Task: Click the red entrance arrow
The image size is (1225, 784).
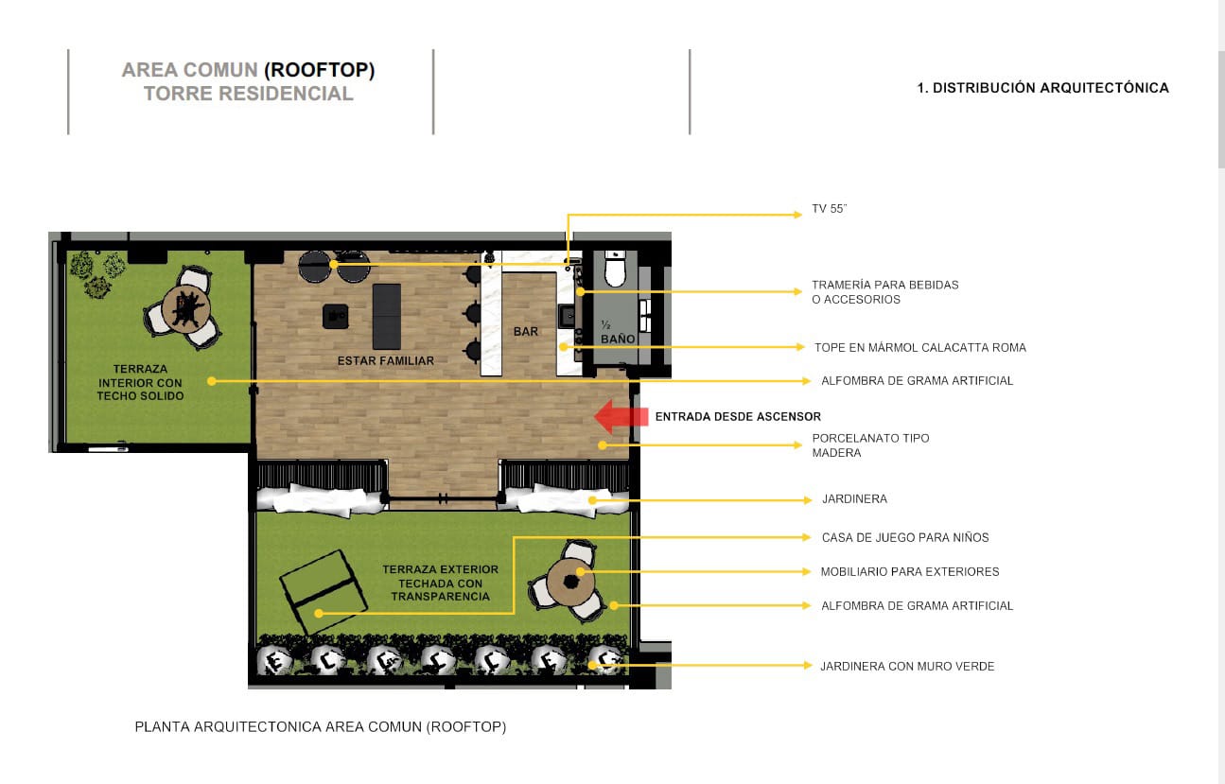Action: [x=621, y=417]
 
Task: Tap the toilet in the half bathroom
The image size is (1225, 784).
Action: [x=615, y=270]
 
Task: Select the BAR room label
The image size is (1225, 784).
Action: [x=526, y=331]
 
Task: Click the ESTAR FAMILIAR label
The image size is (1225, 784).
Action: [x=386, y=361]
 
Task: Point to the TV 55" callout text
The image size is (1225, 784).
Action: [x=829, y=209]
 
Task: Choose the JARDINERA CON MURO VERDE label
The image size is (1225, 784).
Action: [x=907, y=666]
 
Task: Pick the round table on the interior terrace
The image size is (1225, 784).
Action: [x=186, y=307]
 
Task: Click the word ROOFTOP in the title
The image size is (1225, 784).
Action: [x=320, y=70]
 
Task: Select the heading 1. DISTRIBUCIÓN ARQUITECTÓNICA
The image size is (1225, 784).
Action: [x=1042, y=87]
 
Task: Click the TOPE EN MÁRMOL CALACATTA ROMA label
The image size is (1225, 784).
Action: [x=919, y=347]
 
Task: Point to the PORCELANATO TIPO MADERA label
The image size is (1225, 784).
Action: [x=870, y=445]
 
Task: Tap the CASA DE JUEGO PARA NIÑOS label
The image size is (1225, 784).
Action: [x=905, y=537]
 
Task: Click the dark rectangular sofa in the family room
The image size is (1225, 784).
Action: [x=387, y=316]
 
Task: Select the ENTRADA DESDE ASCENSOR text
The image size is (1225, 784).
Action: [x=738, y=417]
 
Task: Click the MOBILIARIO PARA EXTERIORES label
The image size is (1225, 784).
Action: [x=909, y=571]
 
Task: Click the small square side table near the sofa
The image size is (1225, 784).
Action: [x=335, y=317]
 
